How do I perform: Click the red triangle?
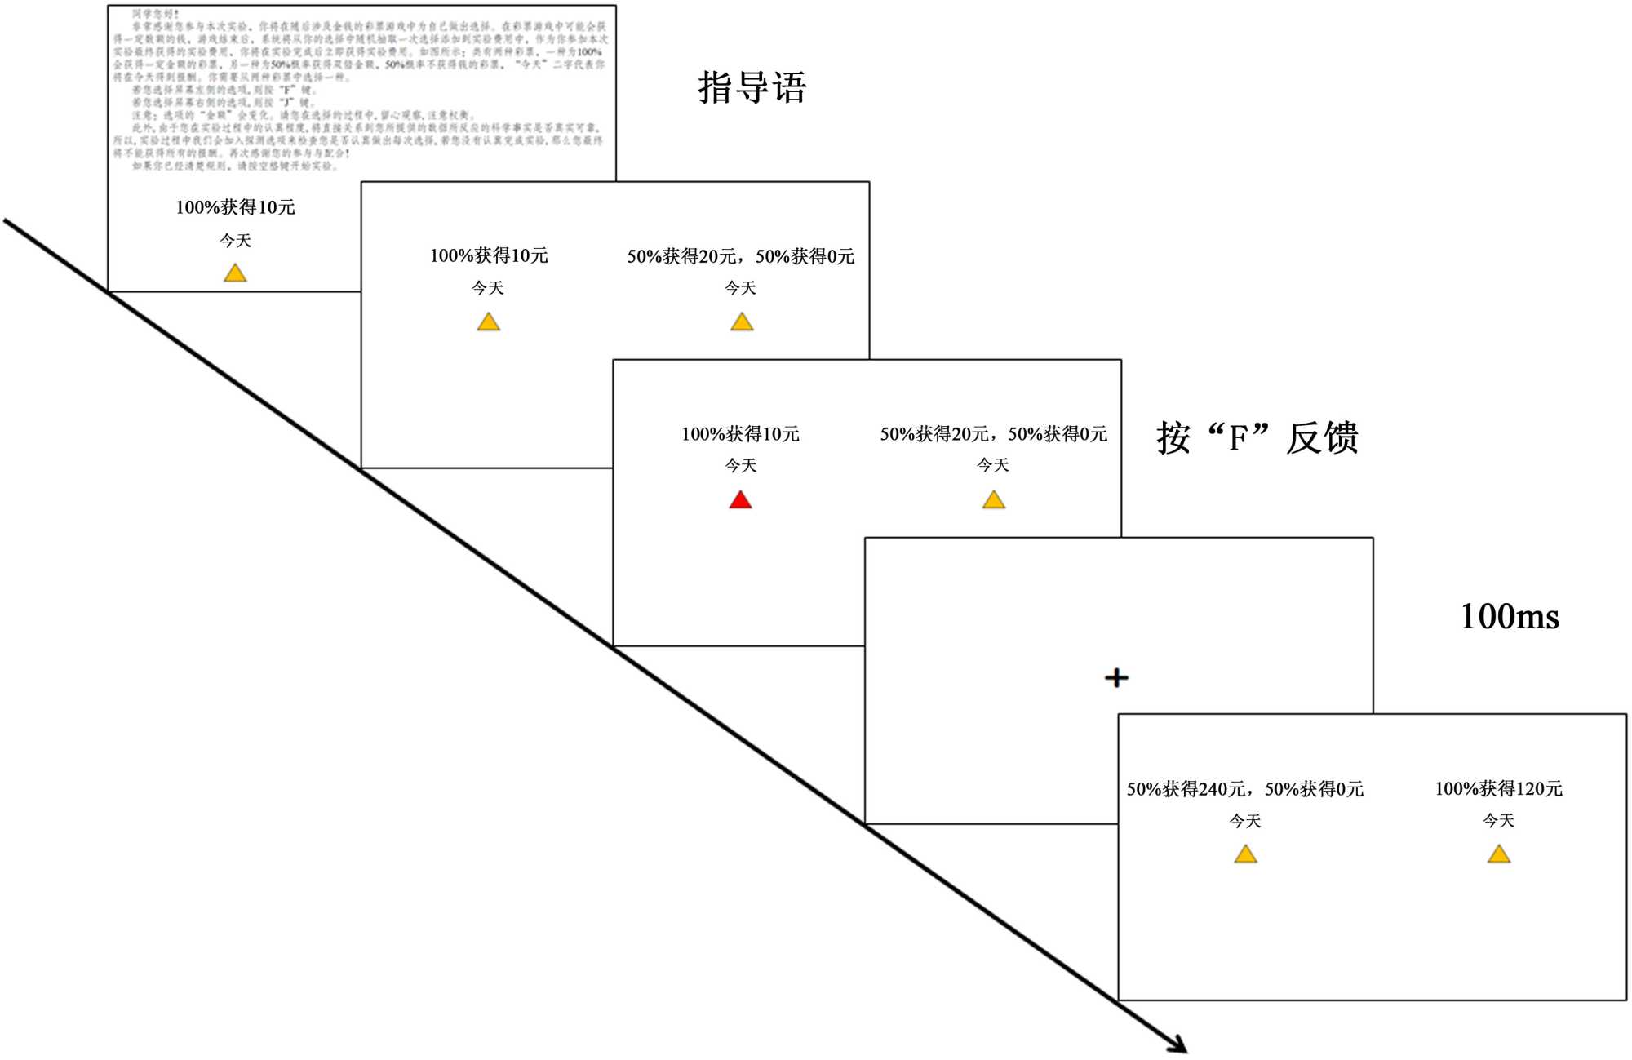740,500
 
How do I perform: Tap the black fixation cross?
1116,677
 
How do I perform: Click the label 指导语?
752,87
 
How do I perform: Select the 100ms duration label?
1509,616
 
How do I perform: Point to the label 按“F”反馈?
1257,438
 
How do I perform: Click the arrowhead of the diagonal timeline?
1178,1044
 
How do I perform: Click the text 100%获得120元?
1498,788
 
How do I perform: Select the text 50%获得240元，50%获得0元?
1244,789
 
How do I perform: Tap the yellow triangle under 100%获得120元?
1499,854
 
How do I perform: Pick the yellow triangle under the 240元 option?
1245,854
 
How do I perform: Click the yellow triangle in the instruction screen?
235,273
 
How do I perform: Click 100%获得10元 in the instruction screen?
235,207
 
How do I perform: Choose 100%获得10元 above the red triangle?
740,434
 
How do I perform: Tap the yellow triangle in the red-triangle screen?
993,500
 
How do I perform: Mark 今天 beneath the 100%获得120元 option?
1498,821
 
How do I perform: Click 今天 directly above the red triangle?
740,465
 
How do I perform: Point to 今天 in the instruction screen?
235,241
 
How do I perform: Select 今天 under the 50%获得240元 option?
1245,821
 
